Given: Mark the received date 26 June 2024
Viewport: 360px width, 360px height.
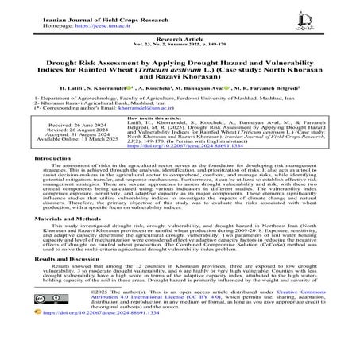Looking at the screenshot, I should (x=74, y=147).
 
